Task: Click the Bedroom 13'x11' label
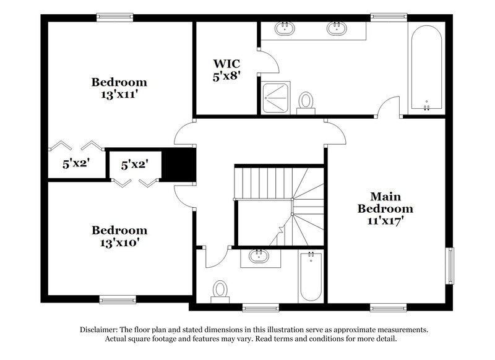point(119,88)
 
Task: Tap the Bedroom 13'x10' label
point(119,236)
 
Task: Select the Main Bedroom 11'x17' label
point(385,202)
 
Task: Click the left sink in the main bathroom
point(285,28)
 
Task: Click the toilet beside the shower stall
point(306,101)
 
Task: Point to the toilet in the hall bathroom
point(220,291)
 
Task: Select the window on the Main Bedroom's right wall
point(450,266)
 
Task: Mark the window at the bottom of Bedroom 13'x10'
point(118,300)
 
